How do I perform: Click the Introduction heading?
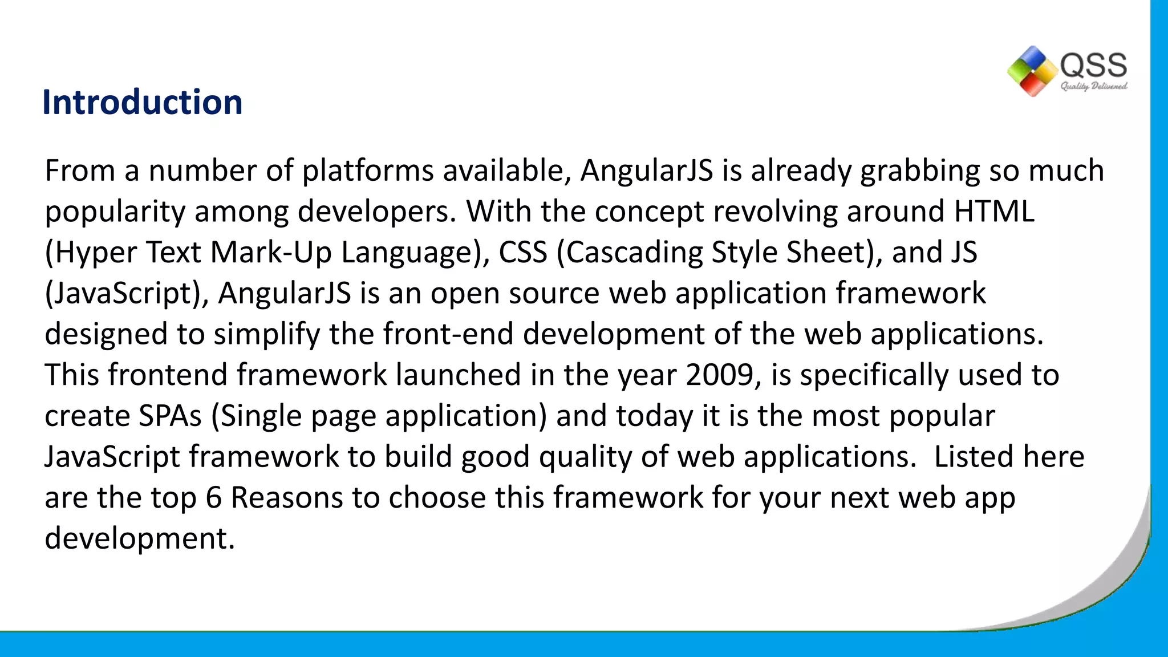coord(143,102)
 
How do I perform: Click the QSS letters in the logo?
coord(1093,65)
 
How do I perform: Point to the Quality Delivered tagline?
coord(1094,86)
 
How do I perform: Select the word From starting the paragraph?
coord(80,171)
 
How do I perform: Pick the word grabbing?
coord(920,171)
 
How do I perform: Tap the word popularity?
coord(115,212)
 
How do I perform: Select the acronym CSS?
coord(523,253)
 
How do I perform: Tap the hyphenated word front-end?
coord(448,334)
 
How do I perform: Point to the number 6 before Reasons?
coord(213,498)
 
